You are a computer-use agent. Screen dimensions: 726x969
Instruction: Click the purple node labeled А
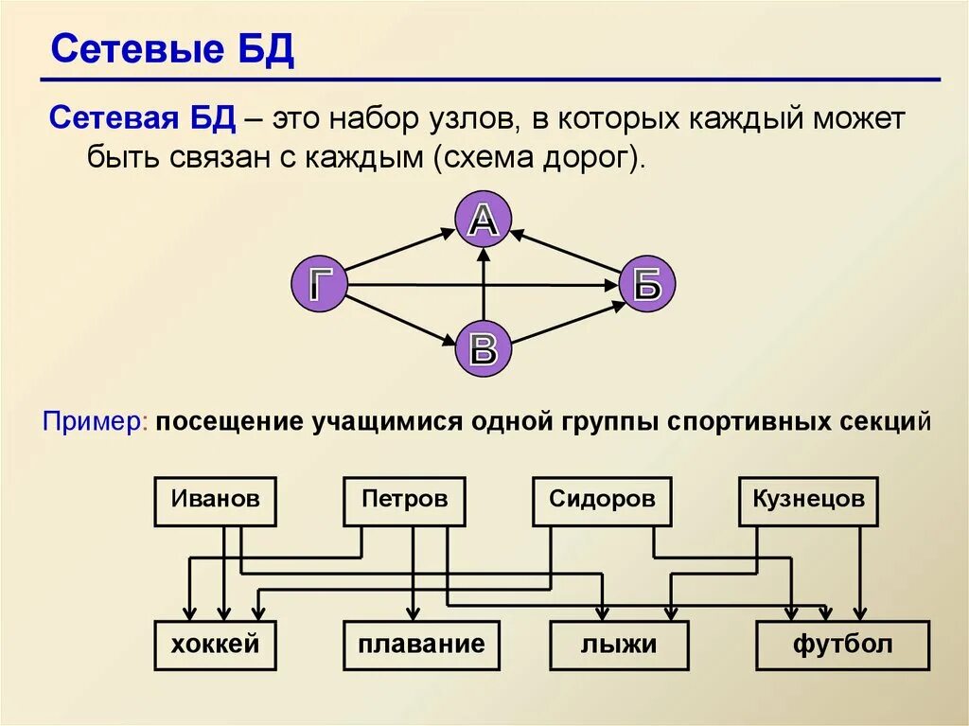click(483, 220)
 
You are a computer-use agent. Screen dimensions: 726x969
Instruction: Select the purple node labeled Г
click(319, 283)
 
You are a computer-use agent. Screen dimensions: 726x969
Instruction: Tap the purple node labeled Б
click(647, 283)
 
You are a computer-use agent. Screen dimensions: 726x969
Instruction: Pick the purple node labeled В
click(483, 347)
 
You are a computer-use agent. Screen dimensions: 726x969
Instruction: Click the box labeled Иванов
click(215, 501)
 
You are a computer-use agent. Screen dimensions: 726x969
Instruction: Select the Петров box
click(404, 501)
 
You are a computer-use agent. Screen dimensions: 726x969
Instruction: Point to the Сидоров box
click(602, 501)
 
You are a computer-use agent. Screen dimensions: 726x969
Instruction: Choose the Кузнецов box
click(808, 501)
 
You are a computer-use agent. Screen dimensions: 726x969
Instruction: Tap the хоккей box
click(215, 646)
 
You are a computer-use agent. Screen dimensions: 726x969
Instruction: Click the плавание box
click(421, 646)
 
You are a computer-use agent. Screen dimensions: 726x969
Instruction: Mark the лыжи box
click(619, 646)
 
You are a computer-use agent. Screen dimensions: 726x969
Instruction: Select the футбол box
click(842, 646)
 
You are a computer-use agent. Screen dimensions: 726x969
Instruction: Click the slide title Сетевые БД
click(171, 50)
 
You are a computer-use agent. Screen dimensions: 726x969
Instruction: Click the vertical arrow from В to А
click(484, 284)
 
